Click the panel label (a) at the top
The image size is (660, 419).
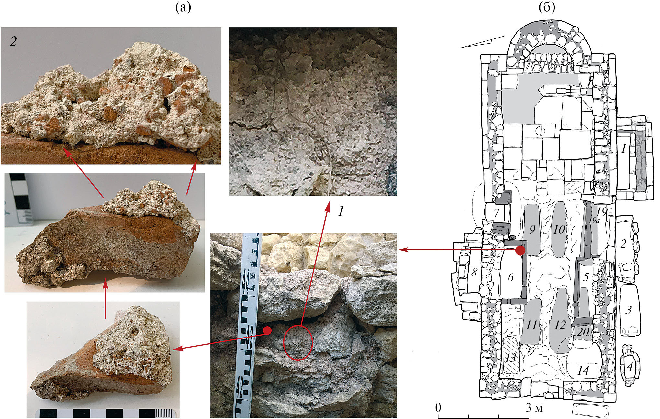(x=183, y=7)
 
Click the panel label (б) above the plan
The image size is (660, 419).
(x=547, y=7)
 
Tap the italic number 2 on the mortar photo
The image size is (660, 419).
(x=13, y=41)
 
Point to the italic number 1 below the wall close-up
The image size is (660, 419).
(x=341, y=211)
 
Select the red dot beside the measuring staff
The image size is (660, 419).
(x=267, y=330)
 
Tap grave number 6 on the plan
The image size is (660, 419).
(x=511, y=277)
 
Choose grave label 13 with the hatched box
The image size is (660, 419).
(x=511, y=358)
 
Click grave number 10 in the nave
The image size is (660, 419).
(x=559, y=230)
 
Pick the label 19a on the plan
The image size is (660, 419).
(x=595, y=221)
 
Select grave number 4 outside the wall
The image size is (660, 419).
(x=630, y=367)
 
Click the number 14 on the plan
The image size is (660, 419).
(x=583, y=371)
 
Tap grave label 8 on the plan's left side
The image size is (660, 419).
(x=474, y=273)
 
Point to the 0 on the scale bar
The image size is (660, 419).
(x=438, y=407)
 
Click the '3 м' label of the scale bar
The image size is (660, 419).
(x=534, y=408)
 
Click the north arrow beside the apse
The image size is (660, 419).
(x=482, y=42)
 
